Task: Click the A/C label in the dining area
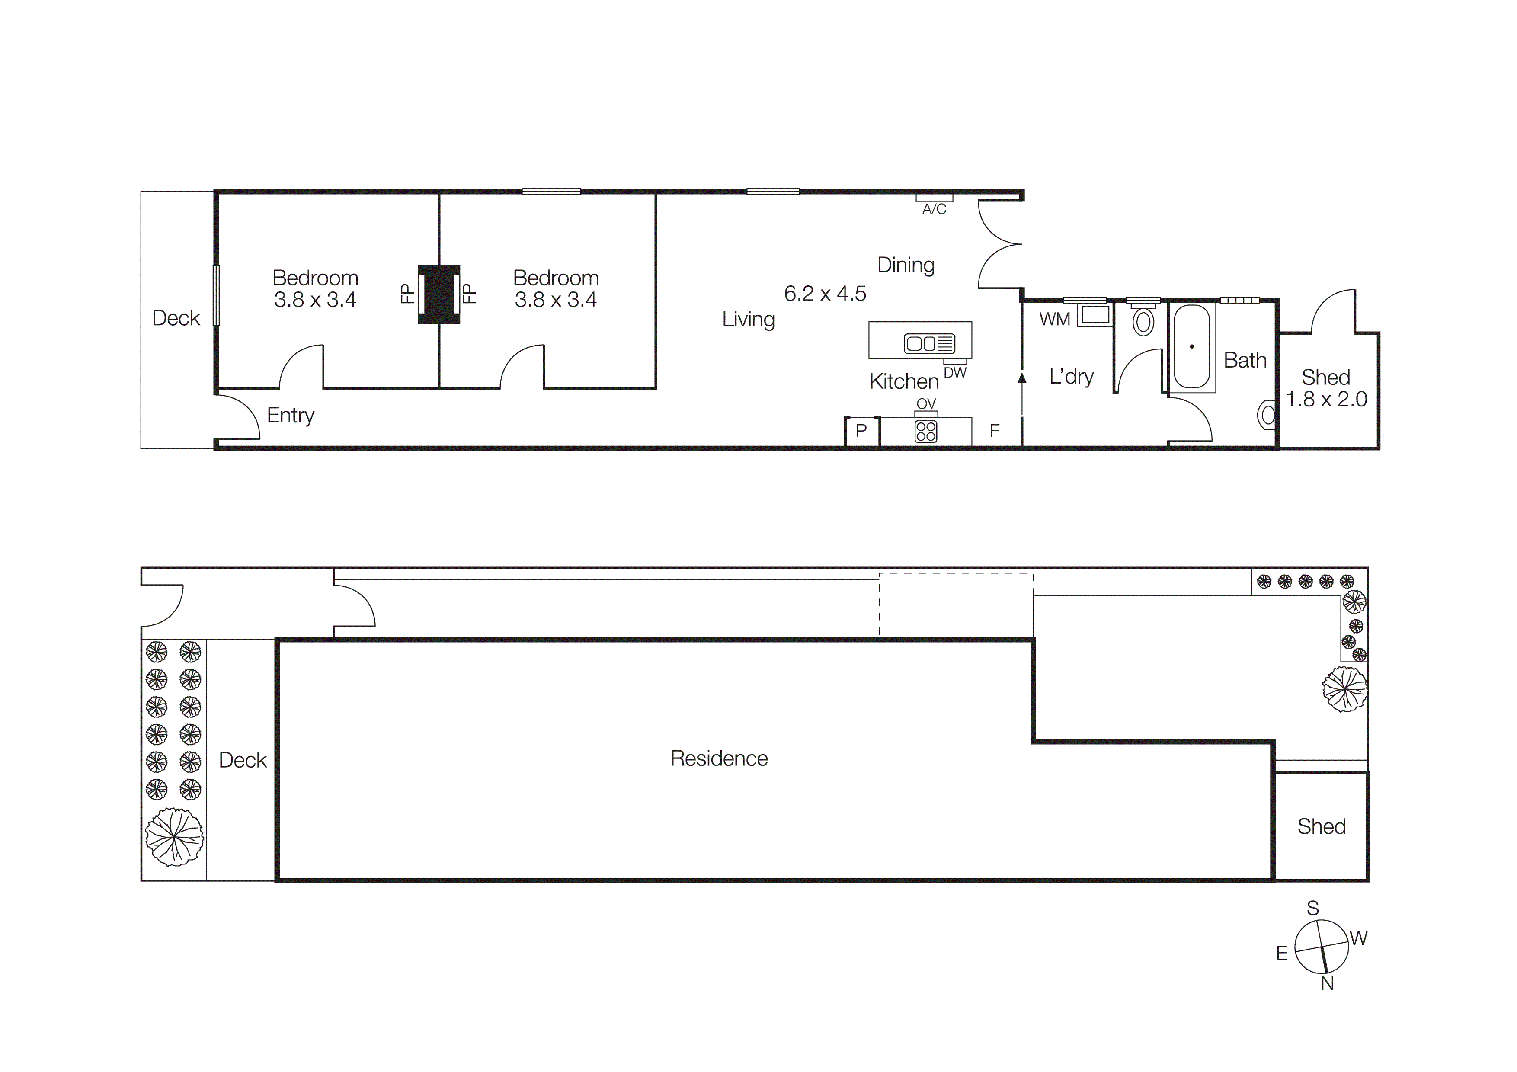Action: (934, 209)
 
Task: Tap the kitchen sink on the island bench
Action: (929, 343)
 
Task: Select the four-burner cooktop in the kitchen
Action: (926, 431)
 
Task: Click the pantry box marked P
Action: (861, 431)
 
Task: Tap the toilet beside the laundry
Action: (1143, 322)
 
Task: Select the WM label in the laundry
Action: (1054, 320)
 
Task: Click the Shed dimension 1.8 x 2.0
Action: (1326, 400)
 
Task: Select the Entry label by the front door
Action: (290, 416)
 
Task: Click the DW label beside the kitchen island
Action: (955, 373)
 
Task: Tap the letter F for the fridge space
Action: (994, 431)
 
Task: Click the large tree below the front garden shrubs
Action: (174, 837)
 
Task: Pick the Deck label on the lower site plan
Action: (243, 760)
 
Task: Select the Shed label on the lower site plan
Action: (1322, 827)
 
